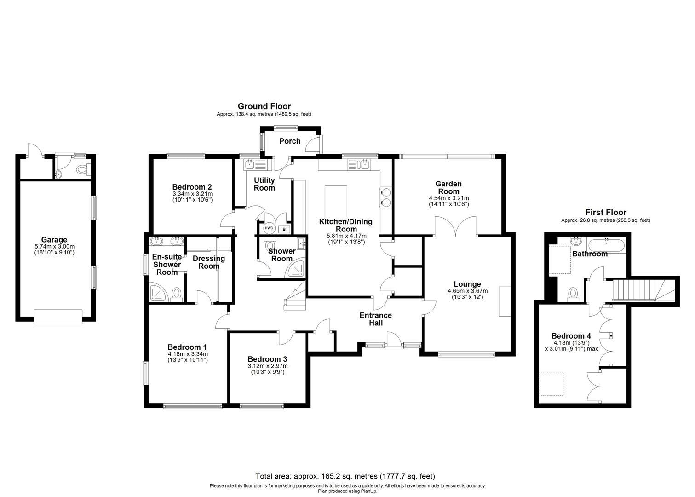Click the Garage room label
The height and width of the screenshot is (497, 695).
[54, 240]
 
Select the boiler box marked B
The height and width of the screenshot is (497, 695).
[284, 229]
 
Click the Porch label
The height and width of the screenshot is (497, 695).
[290, 141]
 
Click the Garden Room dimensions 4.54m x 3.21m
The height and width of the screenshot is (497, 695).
[448, 198]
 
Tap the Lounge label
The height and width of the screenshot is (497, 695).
[467, 284]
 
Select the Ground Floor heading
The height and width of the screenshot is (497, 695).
[264, 106]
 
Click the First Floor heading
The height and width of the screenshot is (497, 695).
[605, 212]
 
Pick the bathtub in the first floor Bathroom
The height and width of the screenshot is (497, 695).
[607, 244]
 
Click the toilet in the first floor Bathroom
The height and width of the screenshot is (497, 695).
[573, 293]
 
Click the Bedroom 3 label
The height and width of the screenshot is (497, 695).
[267, 359]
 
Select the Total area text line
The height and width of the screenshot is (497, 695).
[345, 476]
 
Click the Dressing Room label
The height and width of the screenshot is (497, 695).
[209, 262]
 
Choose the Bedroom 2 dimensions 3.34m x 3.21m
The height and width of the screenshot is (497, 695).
[192, 194]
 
